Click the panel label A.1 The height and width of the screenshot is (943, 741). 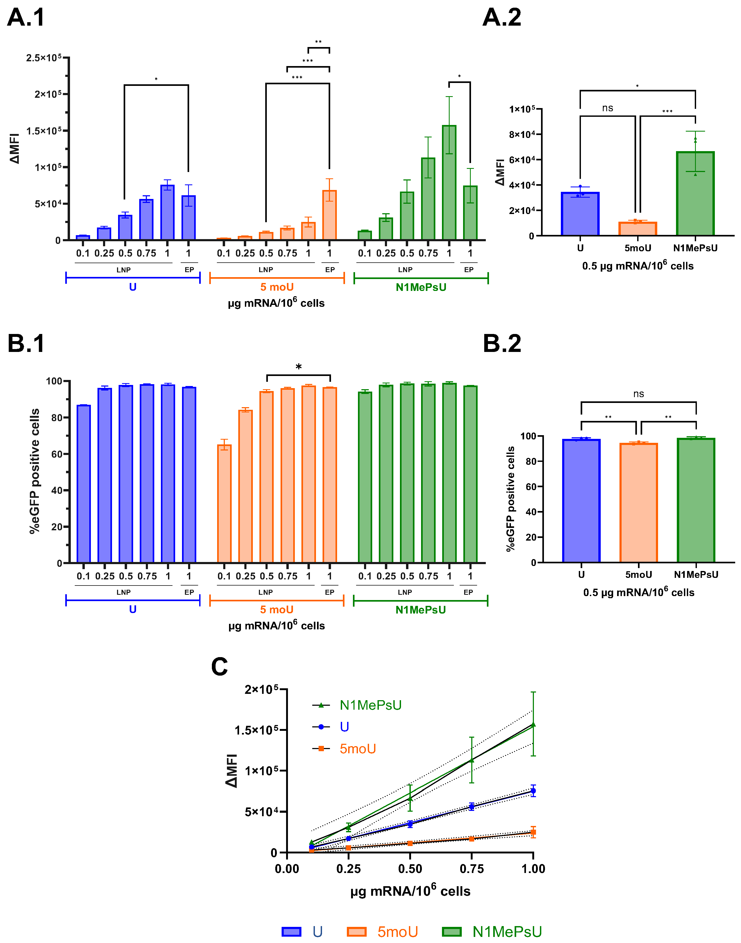26,18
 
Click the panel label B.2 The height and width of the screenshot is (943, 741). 502,344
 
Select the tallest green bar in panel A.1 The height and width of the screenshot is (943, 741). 449,182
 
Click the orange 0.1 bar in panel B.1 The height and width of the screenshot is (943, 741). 224,503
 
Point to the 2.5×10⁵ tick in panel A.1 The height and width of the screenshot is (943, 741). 43,58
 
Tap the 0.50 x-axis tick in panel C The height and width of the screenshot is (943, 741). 410,869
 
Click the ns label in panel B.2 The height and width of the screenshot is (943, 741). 639,394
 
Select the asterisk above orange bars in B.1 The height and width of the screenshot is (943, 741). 299,367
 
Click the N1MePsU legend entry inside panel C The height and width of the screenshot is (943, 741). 370,705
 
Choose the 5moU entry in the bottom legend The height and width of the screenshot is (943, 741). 397,932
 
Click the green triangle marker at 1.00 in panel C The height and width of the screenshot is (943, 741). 533,724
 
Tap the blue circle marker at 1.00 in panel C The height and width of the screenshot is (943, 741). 533,791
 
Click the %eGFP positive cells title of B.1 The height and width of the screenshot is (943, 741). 35,471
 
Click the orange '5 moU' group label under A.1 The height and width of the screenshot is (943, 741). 277,287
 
